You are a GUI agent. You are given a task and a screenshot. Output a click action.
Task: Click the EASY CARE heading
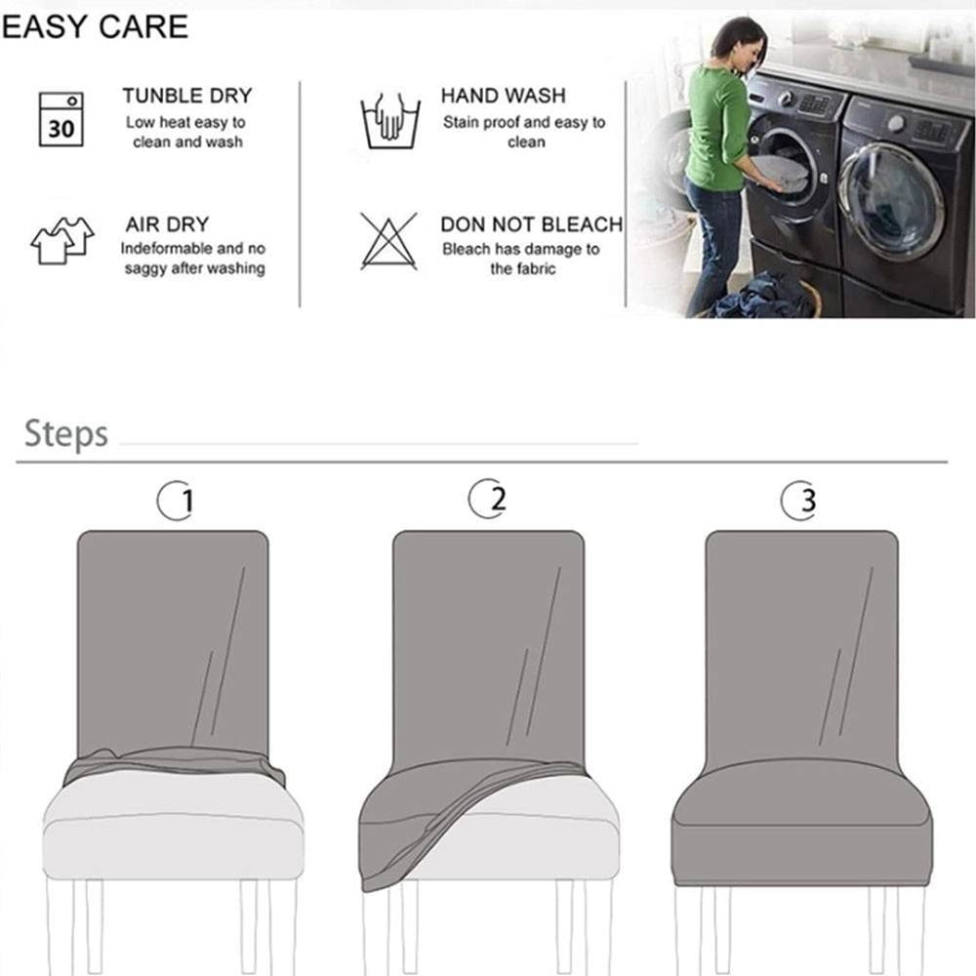(95, 26)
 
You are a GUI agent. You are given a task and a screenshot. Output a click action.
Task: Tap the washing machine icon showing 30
(61, 119)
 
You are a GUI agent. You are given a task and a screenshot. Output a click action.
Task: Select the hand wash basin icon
(390, 121)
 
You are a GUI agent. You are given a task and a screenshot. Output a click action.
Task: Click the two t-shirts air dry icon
(62, 240)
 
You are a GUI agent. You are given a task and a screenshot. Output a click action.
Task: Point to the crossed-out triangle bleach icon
(389, 241)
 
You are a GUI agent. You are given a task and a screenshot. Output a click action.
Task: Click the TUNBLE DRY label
(187, 96)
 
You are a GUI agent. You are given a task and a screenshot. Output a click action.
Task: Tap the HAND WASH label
(503, 96)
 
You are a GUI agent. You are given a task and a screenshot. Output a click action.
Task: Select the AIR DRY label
(167, 224)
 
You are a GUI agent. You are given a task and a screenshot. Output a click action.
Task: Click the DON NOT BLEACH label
(532, 224)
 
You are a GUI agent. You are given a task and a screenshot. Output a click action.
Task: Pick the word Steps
(66, 434)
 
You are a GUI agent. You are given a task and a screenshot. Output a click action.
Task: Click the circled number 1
(176, 500)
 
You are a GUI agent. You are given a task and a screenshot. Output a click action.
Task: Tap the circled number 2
(487, 498)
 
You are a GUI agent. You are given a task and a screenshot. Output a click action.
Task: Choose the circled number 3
(799, 500)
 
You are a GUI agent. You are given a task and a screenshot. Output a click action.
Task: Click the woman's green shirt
(717, 128)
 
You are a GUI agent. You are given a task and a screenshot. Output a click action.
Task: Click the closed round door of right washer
(891, 200)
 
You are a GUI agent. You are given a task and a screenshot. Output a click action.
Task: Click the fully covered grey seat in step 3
(802, 822)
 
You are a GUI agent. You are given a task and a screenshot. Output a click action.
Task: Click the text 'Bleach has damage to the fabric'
(521, 259)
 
